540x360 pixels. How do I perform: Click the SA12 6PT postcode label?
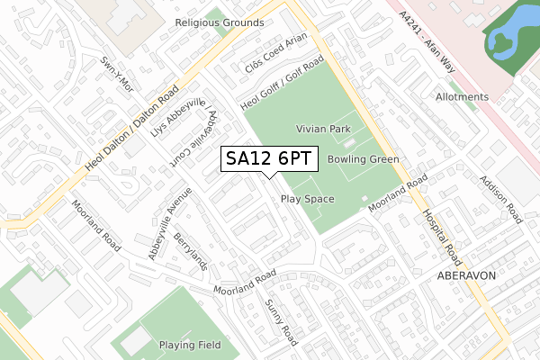[x=269, y=158]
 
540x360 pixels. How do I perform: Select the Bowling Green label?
[x=363, y=159]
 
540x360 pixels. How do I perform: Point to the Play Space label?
[x=307, y=199]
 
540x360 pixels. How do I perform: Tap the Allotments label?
[x=461, y=97]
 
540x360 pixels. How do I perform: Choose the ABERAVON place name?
[x=467, y=275]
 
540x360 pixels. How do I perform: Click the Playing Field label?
[x=190, y=346]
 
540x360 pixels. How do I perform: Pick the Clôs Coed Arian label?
[x=276, y=53]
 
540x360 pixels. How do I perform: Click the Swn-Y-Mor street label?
[x=116, y=75]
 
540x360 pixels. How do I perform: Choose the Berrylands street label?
[x=191, y=253]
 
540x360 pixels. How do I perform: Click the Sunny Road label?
[x=280, y=322]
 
